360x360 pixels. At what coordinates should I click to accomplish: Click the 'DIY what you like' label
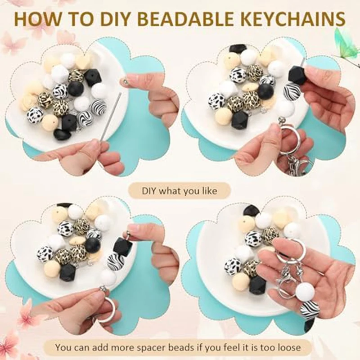179,191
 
